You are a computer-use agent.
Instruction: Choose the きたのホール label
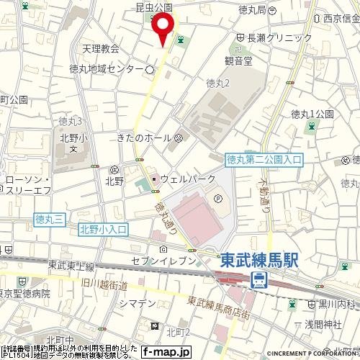tap(143, 138)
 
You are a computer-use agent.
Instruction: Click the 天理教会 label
tap(100, 50)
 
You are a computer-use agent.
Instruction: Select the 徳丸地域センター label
tap(106, 70)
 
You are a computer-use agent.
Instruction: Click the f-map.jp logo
tap(165, 352)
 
